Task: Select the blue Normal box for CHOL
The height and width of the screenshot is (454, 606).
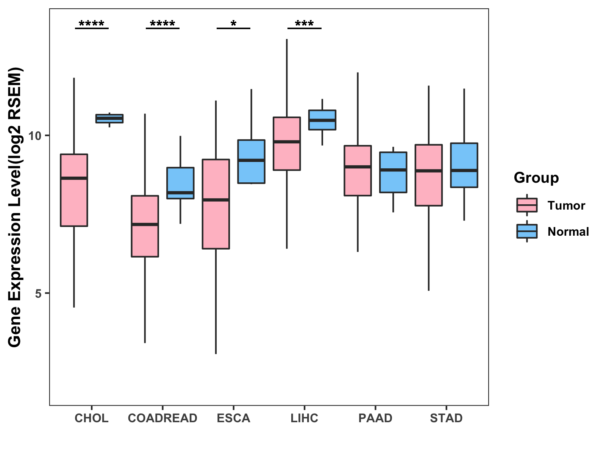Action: coord(109,118)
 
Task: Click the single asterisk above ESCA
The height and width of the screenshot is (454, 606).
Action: coord(233,23)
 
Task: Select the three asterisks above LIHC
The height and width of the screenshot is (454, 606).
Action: coord(304,23)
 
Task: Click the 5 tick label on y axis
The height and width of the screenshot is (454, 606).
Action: coord(38,294)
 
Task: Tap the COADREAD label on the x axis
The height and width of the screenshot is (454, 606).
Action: coord(162,418)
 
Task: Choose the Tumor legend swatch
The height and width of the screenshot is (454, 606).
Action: coord(527,205)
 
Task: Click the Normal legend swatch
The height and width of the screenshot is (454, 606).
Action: coord(527,231)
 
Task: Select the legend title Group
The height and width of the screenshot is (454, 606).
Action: coord(536,178)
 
